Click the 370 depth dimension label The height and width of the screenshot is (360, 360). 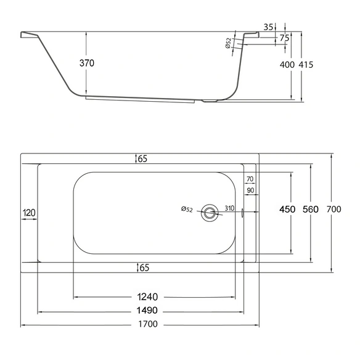[x=87, y=63]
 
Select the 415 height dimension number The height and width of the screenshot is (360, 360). [x=306, y=65]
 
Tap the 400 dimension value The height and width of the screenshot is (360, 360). [x=287, y=65]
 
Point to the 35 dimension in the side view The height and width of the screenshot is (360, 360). [x=268, y=27]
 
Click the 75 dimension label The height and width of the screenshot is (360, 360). [x=284, y=38]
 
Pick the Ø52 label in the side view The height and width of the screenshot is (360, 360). [x=228, y=43]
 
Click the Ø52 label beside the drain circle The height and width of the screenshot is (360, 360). [x=187, y=209]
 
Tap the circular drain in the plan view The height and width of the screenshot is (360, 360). [x=210, y=213]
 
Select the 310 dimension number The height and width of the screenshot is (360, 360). [x=229, y=208]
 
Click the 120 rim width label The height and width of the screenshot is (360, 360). [x=29, y=213]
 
